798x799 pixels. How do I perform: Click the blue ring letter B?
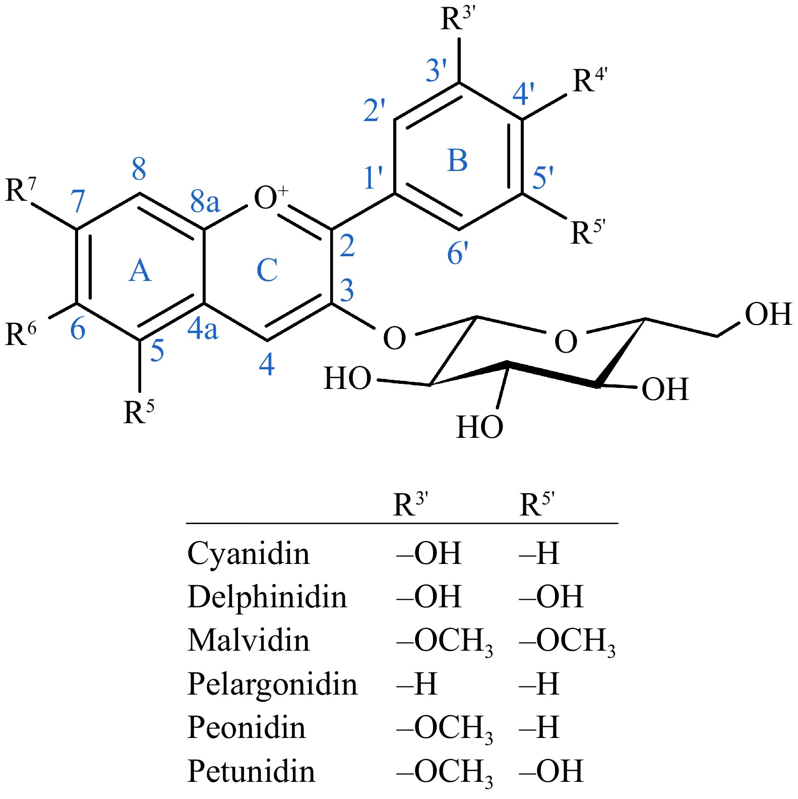coord(458,161)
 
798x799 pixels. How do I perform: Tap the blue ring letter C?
coord(267,270)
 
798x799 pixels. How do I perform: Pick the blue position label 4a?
coord(203,329)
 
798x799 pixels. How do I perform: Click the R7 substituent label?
coord(21,190)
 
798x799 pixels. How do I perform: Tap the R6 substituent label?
coord(21,333)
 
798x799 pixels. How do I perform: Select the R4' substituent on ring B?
coord(589,81)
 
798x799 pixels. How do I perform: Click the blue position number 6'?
coord(458,253)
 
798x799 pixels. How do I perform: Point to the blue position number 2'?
coord(374,110)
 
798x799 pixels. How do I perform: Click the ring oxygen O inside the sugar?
coord(565,342)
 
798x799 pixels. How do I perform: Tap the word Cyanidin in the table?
coord(249,553)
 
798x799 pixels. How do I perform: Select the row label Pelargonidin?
coord(272,684)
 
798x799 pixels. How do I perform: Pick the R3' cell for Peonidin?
coord(444,728)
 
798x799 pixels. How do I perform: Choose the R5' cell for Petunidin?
coord(551,771)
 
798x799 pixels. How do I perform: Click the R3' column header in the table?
coord(410,504)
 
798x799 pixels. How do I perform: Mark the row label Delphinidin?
coord(267,597)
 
